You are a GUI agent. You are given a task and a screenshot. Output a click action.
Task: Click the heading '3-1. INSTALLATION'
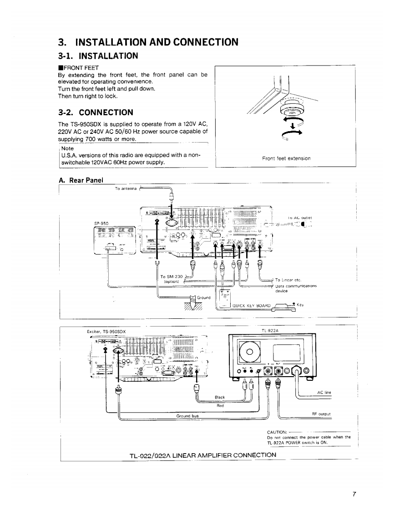click(x=98, y=56)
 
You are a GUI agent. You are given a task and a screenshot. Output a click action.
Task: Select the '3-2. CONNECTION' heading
click(x=96, y=112)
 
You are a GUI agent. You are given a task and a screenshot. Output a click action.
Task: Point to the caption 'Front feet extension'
click(x=286, y=158)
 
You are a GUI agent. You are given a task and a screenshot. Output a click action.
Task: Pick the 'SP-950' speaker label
click(x=101, y=224)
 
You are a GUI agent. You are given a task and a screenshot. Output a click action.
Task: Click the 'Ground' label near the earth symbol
click(x=203, y=298)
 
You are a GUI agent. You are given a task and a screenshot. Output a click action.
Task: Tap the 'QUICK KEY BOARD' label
click(x=252, y=306)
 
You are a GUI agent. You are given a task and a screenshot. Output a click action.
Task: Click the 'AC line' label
click(x=323, y=392)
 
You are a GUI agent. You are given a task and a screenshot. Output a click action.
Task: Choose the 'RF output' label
click(x=320, y=414)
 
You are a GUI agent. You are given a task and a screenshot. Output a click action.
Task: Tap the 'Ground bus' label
click(x=187, y=415)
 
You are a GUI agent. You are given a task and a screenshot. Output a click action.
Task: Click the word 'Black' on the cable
click(x=220, y=397)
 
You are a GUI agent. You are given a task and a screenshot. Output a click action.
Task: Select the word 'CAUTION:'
click(x=277, y=432)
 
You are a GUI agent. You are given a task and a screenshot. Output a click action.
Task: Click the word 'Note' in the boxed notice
click(x=67, y=148)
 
